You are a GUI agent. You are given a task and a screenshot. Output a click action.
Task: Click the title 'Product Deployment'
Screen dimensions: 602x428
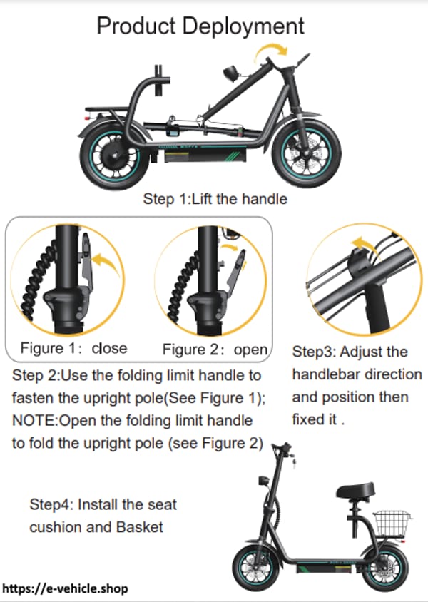pos(200,26)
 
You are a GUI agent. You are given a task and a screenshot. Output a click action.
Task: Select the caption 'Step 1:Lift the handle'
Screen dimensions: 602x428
pos(215,198)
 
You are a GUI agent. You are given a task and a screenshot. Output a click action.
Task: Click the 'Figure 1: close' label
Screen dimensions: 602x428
pos(73,348)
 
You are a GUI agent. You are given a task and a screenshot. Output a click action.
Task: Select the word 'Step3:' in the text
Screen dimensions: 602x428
pos(315,352)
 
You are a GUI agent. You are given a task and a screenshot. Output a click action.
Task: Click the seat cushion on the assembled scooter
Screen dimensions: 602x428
pos(355,492)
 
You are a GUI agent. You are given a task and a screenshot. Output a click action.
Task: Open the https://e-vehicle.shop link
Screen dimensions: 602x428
pos(66,589)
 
